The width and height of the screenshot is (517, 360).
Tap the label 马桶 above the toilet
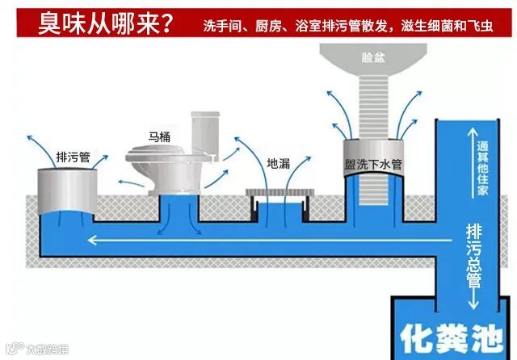160,136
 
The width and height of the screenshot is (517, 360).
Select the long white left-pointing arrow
242,239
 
